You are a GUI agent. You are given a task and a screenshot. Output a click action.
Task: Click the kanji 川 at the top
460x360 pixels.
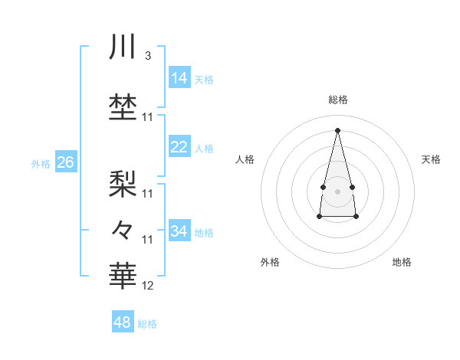point(123,47)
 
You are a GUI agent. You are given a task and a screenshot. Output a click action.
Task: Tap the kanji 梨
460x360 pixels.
point(123,182)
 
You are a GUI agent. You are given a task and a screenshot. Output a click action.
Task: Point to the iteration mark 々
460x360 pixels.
point(123,228)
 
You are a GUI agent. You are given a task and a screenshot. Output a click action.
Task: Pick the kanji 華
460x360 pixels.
point(123,274)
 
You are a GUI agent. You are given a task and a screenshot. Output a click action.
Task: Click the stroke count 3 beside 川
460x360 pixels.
point(147,55)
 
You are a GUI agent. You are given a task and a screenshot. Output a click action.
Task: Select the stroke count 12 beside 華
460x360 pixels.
point(148,286)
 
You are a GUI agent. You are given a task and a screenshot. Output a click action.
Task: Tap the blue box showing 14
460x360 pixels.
point(179,78)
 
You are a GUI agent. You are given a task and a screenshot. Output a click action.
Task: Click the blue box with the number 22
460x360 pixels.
point(179,147)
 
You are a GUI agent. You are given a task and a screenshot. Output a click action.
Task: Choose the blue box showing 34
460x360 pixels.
point(179,231)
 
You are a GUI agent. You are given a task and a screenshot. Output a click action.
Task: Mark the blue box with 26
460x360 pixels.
point(66,162)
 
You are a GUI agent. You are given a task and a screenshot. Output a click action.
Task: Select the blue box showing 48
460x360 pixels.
point(123,322)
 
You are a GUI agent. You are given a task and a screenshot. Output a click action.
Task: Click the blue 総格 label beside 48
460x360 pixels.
point(147,324)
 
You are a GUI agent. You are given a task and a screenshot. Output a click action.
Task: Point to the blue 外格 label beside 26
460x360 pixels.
point(41,163)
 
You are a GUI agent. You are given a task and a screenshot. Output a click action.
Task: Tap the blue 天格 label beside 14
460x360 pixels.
point(204,79)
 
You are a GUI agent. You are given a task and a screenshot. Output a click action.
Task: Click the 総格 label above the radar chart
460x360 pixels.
point(337,100)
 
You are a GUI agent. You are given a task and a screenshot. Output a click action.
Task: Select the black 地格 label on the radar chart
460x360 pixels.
point(402,262)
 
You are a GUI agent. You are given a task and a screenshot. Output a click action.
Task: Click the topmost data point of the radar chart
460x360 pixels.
point(337,129)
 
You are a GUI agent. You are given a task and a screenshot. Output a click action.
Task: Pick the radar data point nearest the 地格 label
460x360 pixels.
point(356,217)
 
